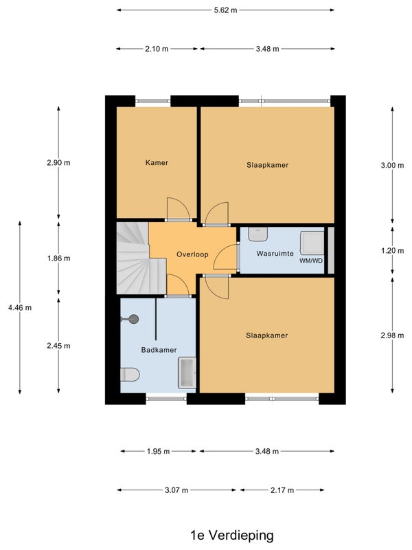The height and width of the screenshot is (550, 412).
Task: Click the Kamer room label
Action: (x=157, y=163)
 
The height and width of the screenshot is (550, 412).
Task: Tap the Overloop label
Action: (x=192, y=254)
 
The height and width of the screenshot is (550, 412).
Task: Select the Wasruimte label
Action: (x=275, y=253)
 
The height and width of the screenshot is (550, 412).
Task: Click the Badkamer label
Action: (x=159, y=350)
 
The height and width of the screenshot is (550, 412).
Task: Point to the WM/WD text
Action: (x=311, y=261)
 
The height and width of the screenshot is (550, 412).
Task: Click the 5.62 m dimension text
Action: (x=226, y=10)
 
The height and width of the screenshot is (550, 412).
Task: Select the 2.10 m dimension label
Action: (x=157, y=49)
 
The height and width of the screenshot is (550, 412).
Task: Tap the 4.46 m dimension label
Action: (x=20, y=307)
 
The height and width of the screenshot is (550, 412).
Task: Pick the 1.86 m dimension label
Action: (x=59, y=258)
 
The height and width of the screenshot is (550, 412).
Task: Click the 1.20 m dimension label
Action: (x=392, y=251)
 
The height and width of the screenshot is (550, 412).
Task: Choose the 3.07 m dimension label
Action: (x=176, y=490)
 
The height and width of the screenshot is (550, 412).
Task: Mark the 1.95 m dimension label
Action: (x=158, y=452)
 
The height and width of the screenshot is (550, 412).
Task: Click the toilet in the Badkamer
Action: (x=130, y=375)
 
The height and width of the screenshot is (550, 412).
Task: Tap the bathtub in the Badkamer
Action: (x=187, y=373)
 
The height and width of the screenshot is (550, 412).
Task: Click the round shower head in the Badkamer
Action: (x=133, y=319)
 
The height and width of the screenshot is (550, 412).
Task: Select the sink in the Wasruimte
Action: (x=258, y=234)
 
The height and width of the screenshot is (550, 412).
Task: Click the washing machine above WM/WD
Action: (x=312, y=243)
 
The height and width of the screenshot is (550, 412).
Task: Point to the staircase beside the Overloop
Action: (x=141, y=258)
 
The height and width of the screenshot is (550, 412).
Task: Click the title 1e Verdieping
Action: (x=232, y=536)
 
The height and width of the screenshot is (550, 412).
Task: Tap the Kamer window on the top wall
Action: (x=153, y=101)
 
